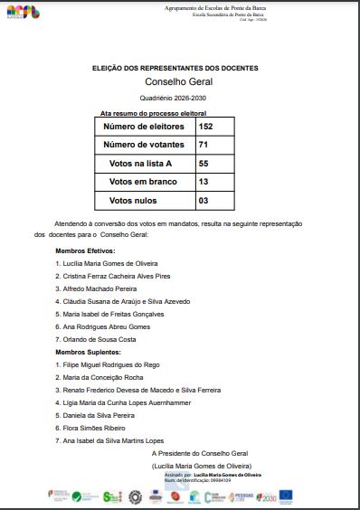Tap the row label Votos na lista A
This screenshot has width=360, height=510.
pos(139,163)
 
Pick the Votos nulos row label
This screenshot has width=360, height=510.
pos(132,200)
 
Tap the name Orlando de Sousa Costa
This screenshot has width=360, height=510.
pos(99,338)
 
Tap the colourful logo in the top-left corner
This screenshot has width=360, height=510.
pos(22,13)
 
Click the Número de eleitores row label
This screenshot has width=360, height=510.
pos(146,127)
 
